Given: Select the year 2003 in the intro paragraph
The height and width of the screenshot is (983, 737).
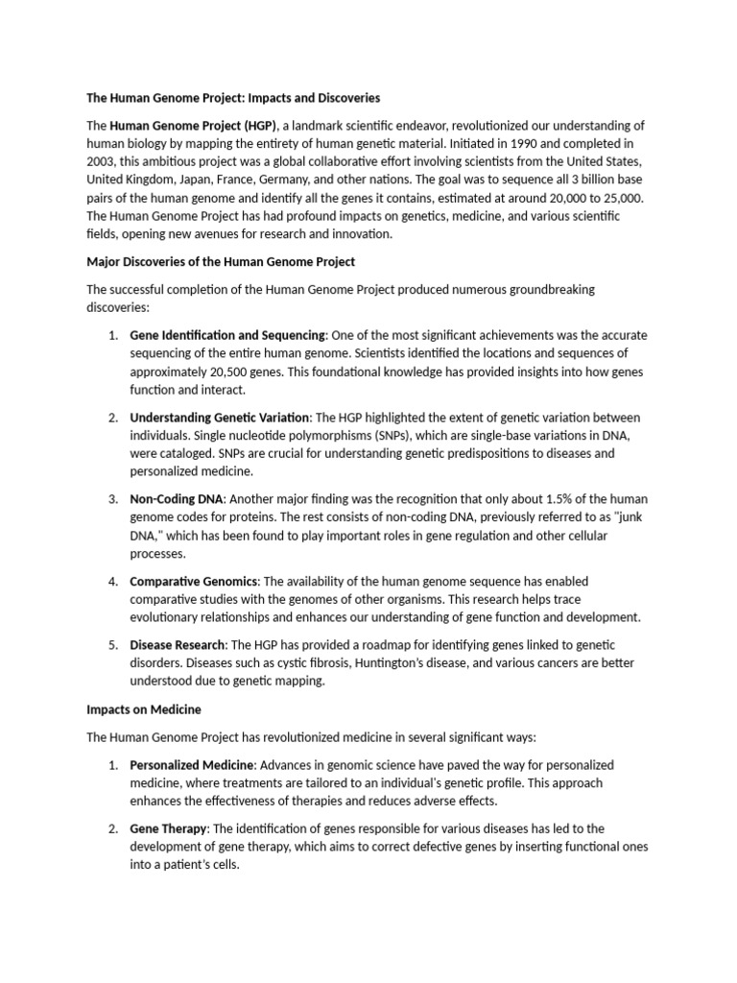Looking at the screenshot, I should tap(102, 162).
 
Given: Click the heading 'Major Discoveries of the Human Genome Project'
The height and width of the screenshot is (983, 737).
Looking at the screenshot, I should tap(221, 261).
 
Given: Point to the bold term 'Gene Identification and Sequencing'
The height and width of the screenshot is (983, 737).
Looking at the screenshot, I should tap(228, 335).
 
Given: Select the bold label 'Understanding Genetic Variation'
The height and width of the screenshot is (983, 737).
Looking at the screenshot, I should tap(220, 418).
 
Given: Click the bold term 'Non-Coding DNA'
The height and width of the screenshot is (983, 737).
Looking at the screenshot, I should tap(177, 500).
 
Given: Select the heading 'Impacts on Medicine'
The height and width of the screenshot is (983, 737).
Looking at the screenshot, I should tap(143, 709).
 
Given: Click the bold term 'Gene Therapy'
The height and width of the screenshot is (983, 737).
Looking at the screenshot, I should tap(168, 827).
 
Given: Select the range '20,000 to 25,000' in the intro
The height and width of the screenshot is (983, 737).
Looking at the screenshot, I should tap(589, 198).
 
